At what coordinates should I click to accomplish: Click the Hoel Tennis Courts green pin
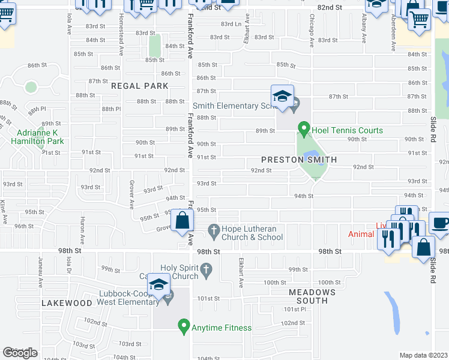pyautogui.click(x=304, y=128)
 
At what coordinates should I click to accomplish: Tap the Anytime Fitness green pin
pyautogui.click(x=184, y=327)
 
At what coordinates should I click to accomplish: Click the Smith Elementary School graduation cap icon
pyautogui.click(x=282, y=96)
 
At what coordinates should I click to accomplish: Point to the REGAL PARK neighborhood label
pyautogui.click(x=140, y=86)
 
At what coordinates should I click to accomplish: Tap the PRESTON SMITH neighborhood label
pyautogui.click(x=298, y=160)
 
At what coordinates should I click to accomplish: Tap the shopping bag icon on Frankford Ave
pyautogui.click(x=182, y=221)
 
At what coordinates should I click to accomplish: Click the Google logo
pyautogui.click(x=20, y=353)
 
